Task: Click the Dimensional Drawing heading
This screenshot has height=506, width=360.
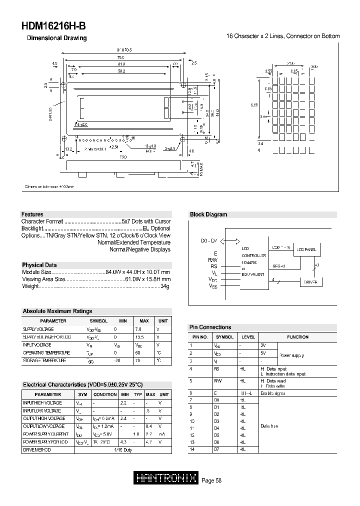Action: pyautogui.click(x=56, y=38)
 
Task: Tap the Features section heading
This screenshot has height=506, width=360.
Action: pyautogui.click(x=32, y=214)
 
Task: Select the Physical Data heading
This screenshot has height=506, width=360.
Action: pyautogui.click(x=39, y=265)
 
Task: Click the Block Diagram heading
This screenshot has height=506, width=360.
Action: pyautogui.click(x=208, y=214)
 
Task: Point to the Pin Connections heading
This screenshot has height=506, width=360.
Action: pyautogui.click(x=210, y=327)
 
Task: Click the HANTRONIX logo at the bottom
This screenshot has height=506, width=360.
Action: pyautogui.click(x=167, y=478)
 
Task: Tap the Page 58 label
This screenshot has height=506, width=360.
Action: pyautogui.click(x=211, y=480)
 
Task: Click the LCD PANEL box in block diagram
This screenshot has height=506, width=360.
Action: pyautogui.click(x=306, y=249)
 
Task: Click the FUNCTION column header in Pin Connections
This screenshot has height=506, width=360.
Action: pyautogui.click(x=298, y=337)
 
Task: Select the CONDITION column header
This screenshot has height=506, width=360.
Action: pyautogui.click(x=105, y=394)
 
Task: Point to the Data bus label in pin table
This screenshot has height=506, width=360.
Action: pyautogui.click(x=269, y=425)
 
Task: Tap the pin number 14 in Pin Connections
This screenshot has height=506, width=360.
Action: pyautogui.click(x=191, y=449)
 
